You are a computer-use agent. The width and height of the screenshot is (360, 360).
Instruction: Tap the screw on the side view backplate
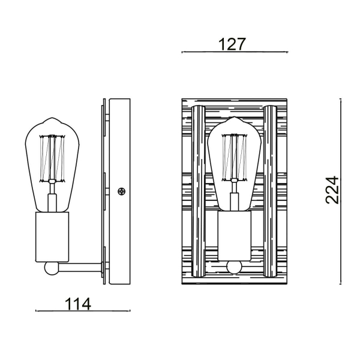click(122, 192)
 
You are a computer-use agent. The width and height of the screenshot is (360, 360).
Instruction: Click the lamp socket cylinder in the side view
click(53, 237)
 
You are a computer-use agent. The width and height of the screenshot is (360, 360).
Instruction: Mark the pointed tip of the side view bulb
click(54, 119)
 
